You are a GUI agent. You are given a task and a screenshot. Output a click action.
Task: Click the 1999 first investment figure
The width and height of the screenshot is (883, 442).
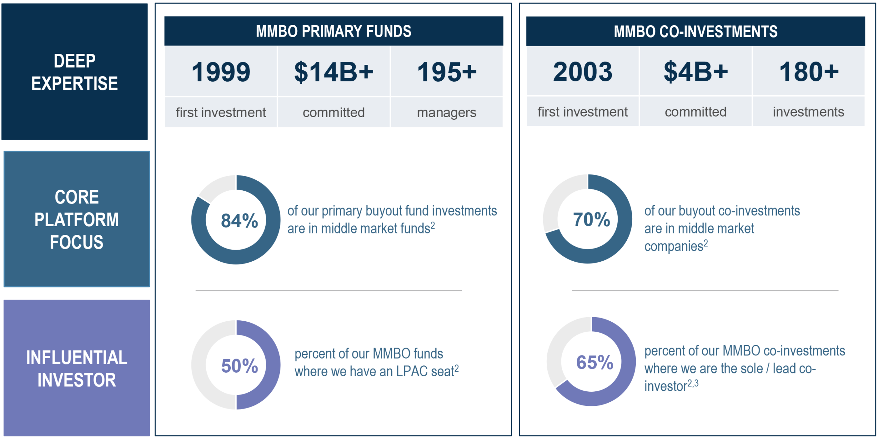tap(221, 72)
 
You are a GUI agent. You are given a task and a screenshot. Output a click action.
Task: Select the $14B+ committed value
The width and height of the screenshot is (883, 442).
tap(334, 72)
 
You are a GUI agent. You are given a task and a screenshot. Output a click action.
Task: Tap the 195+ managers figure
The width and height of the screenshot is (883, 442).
tap(446, 72)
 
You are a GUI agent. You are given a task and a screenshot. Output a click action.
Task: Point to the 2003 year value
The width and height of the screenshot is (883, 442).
tap(583, 71)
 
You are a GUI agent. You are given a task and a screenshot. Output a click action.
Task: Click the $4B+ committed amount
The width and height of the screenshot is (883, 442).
tap(695, 71)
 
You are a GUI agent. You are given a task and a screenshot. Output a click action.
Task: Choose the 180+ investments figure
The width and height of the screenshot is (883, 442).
tap(808, 71)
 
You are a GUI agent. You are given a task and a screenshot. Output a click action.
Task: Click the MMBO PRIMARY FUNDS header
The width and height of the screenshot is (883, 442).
tap(334, 31)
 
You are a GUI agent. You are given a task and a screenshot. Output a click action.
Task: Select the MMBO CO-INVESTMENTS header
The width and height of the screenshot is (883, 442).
tap(695, 31)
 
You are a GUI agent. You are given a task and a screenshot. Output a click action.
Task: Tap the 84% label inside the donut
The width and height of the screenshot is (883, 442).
tap(239, 221)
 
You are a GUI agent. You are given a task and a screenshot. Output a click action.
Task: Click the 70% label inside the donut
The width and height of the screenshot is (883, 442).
tap(591, 219)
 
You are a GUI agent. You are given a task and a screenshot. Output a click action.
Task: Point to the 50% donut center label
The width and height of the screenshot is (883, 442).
tap(239, 366)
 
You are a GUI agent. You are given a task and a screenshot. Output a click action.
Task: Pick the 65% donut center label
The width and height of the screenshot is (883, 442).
tap(595, 362)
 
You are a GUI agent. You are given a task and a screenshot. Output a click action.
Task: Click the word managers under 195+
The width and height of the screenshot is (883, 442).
tap(446, 113)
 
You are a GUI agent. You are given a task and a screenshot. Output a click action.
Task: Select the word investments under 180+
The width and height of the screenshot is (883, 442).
tap(808, 112)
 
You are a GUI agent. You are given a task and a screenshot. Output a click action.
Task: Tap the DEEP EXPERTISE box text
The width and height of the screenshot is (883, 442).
tap(75, 72)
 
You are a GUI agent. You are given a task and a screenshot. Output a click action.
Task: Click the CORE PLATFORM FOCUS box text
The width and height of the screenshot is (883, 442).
tap(77, 219)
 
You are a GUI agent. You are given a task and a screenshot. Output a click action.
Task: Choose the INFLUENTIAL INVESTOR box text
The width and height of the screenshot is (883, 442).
tap(77, 369)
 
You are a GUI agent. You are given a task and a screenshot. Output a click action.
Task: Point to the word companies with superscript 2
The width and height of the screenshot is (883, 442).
tap(673, 246)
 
